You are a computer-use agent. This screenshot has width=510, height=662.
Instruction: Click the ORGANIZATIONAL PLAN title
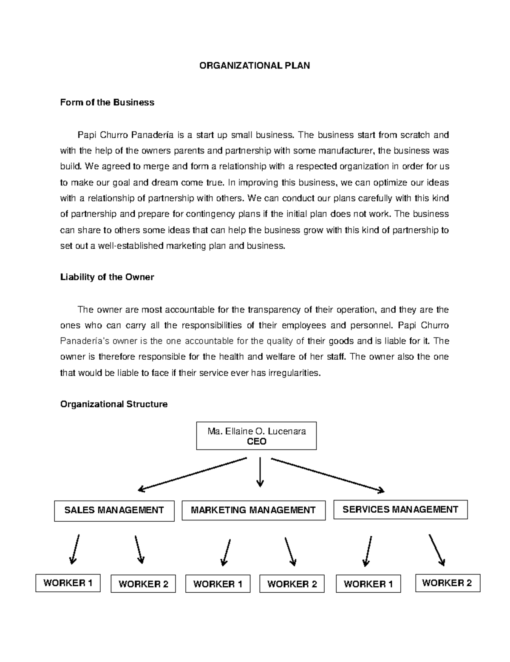[x=255, y=65]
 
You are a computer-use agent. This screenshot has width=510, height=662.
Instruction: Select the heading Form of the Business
[x=107, y=102]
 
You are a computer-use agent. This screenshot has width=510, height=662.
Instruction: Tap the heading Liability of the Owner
[x=107, y=277]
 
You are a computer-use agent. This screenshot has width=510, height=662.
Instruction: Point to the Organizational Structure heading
[x=114, y=404]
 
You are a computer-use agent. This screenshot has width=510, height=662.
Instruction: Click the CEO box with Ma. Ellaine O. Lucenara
[x=256, y=436]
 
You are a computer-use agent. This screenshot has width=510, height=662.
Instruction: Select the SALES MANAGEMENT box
[x=114, y=510]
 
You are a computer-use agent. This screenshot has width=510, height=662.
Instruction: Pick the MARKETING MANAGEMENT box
[x=253, y=510]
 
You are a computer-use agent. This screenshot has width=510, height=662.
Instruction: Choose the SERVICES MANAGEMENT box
[x=400, y=509]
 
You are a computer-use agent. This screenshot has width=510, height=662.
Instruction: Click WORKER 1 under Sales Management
[x=68, y=583]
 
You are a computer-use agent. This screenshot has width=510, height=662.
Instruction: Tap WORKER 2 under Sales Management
[x=143, y=584]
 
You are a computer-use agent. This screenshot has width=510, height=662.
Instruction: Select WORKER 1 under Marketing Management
[x=218, y=584]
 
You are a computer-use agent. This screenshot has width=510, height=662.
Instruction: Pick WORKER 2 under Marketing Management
[x=292, y=584]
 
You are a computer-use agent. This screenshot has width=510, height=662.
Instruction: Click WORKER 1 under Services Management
[x=368, y=584]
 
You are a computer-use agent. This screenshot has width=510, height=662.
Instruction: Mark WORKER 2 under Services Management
[x=447, y=583]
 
